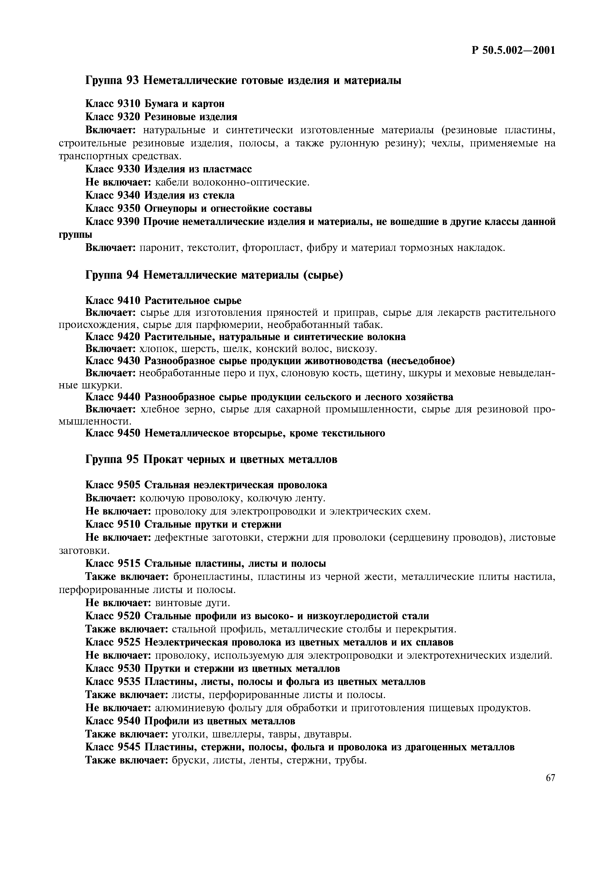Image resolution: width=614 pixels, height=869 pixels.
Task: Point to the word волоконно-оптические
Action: [x=251, y=182]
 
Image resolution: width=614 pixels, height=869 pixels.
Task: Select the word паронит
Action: [x=157, y=248]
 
